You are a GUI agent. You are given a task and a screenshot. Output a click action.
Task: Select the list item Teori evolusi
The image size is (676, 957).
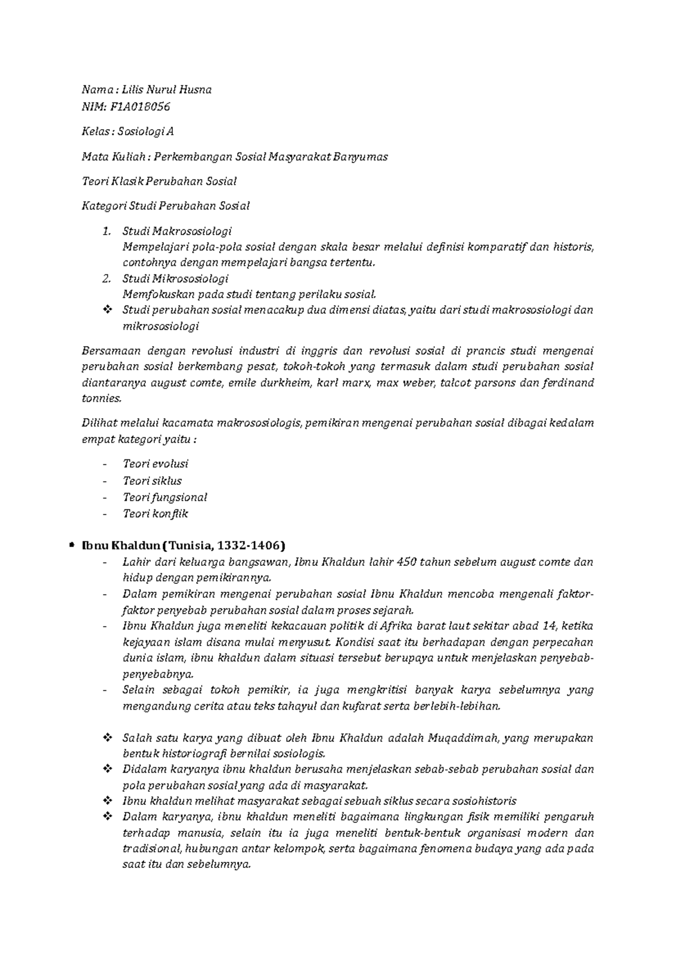click(x=155, y=464)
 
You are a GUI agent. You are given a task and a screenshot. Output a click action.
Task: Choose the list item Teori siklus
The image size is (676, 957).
click(x=152, y=481)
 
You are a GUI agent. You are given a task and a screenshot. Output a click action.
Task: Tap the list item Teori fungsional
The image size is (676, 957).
click(x=164, y=497)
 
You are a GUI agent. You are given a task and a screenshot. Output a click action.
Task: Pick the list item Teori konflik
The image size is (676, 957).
click(x=155, y=513)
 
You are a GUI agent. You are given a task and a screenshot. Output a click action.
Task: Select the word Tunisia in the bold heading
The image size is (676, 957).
click(x=191, y=546)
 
